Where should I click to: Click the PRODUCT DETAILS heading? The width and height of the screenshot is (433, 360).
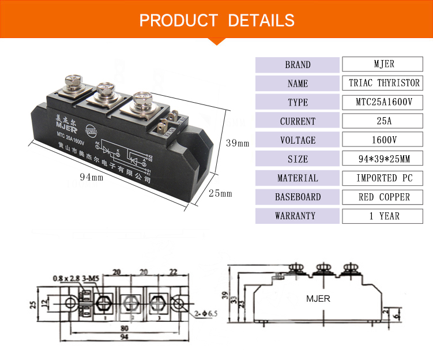tap(217, 21)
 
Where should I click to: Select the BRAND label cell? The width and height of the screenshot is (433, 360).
tap(298, 65)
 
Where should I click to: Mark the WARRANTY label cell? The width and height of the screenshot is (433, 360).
tap(298, 216)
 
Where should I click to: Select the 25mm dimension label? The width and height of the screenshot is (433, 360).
tap(220, 193)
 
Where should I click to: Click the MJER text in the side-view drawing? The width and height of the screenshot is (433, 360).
tap(318, 299)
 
